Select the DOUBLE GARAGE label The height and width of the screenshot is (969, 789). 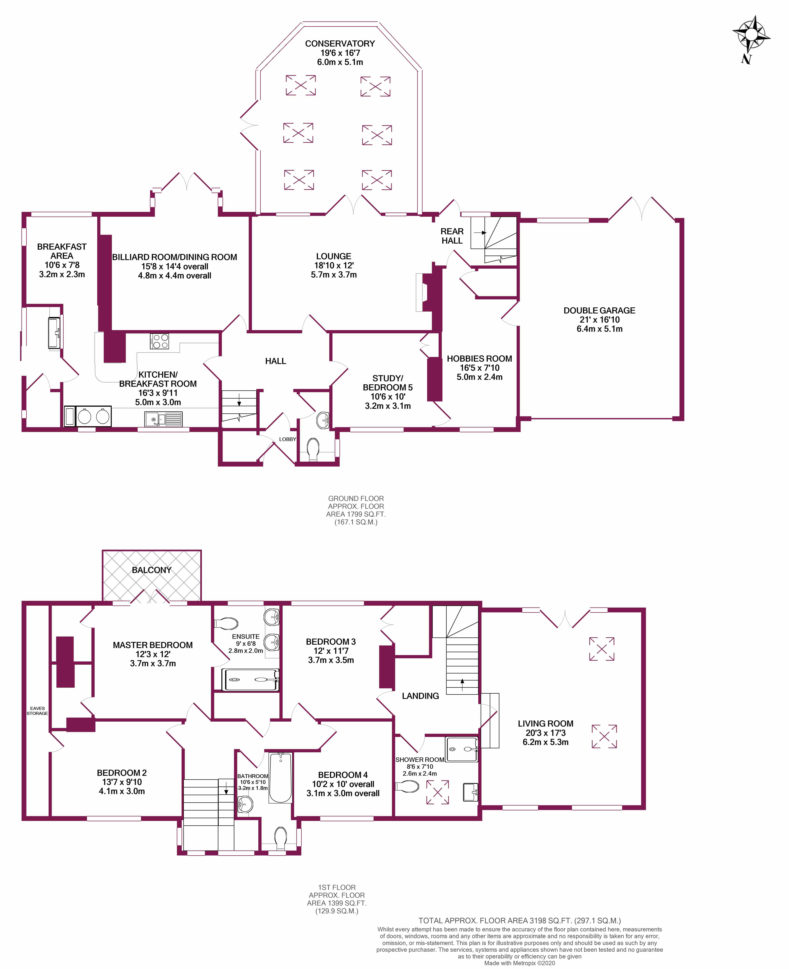click(x=599, y=311)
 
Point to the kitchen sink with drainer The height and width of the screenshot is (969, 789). click(x=164, y=418)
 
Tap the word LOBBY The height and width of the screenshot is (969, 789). click(x=287, y=439)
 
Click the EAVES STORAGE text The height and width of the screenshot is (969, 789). click(x=37, y=711)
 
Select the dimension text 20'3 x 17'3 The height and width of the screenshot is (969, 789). click(x=545, y=733)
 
